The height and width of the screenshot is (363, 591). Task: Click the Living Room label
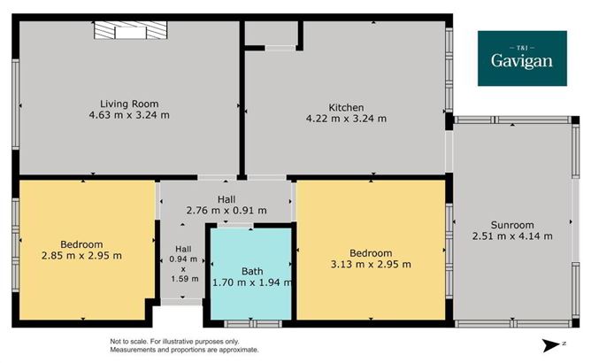pyautogui.click(x=129, y=103)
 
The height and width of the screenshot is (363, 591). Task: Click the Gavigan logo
pyautogui.click(x=522, y=58)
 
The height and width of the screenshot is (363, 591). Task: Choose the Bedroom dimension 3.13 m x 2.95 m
pyautogui.click(x=370, y=264)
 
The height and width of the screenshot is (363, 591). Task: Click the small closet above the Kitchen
pyautogui.click(x=272, y=33)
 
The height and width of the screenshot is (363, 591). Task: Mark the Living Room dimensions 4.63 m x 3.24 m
pyautogui.click(x=129, y=115)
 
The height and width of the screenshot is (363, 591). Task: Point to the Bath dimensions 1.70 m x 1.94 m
pyautogui.click(x=252, y=283)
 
